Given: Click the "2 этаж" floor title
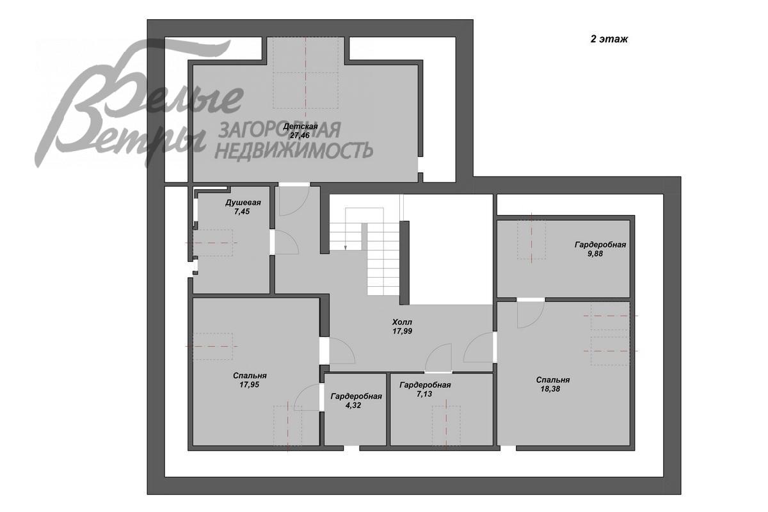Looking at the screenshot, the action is tap(609, 39).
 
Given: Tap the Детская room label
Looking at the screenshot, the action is tap(300, 127).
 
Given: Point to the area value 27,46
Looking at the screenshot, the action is tap(300, 135).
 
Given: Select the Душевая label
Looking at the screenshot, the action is tap(243, 203).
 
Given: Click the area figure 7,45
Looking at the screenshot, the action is tap(242, 212).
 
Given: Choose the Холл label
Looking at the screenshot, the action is tap(402, 323).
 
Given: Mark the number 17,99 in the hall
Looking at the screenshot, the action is tap(403, 332).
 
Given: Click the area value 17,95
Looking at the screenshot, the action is tap(250, 385).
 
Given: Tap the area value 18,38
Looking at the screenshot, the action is tap(550, 389).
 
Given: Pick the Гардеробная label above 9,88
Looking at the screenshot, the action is tap(600, 245).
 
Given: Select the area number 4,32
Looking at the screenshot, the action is tap(353, 405).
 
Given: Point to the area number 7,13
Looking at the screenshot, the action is tap(424, 394).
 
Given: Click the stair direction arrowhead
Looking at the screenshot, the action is tap(345, 247).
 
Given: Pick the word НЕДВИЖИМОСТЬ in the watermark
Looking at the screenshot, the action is tap(294, 151).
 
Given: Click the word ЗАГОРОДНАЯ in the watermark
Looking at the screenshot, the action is tap(280, 130).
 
